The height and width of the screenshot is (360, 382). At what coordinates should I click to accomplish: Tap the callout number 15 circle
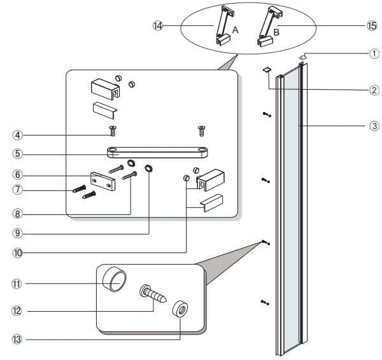[372, 25]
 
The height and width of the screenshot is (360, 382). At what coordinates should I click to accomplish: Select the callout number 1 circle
[374, 54]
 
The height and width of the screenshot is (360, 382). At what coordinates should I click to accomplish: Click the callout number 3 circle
[374, 126]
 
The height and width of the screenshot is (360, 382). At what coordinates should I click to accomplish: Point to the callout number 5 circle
[18, 153]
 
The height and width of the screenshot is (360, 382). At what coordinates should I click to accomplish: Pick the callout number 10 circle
[18, 253]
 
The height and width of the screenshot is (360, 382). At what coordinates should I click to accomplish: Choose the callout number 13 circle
[18, 340]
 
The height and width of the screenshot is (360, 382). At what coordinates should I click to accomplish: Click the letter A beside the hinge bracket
[235, 29]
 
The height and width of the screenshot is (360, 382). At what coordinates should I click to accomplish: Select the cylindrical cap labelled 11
[115, 280]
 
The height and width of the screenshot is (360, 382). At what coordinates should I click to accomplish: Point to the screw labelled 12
[153, 295]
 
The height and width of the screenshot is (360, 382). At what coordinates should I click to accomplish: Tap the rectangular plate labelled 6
[102, 180]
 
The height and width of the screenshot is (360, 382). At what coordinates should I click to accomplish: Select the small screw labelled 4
[113, 130]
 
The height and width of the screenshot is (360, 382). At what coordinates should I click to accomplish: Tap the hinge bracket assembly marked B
[267, 25]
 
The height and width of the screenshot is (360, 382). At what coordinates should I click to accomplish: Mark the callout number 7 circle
[18, 190]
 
